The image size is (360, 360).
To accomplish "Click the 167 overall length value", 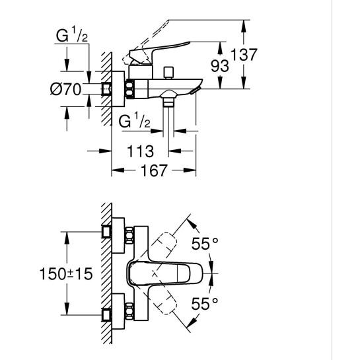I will click(153, 170).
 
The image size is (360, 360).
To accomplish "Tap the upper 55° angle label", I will click(205, 244).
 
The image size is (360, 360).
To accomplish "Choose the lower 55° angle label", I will click(205, 303).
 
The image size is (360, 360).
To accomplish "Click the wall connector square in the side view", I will click(108, 88).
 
